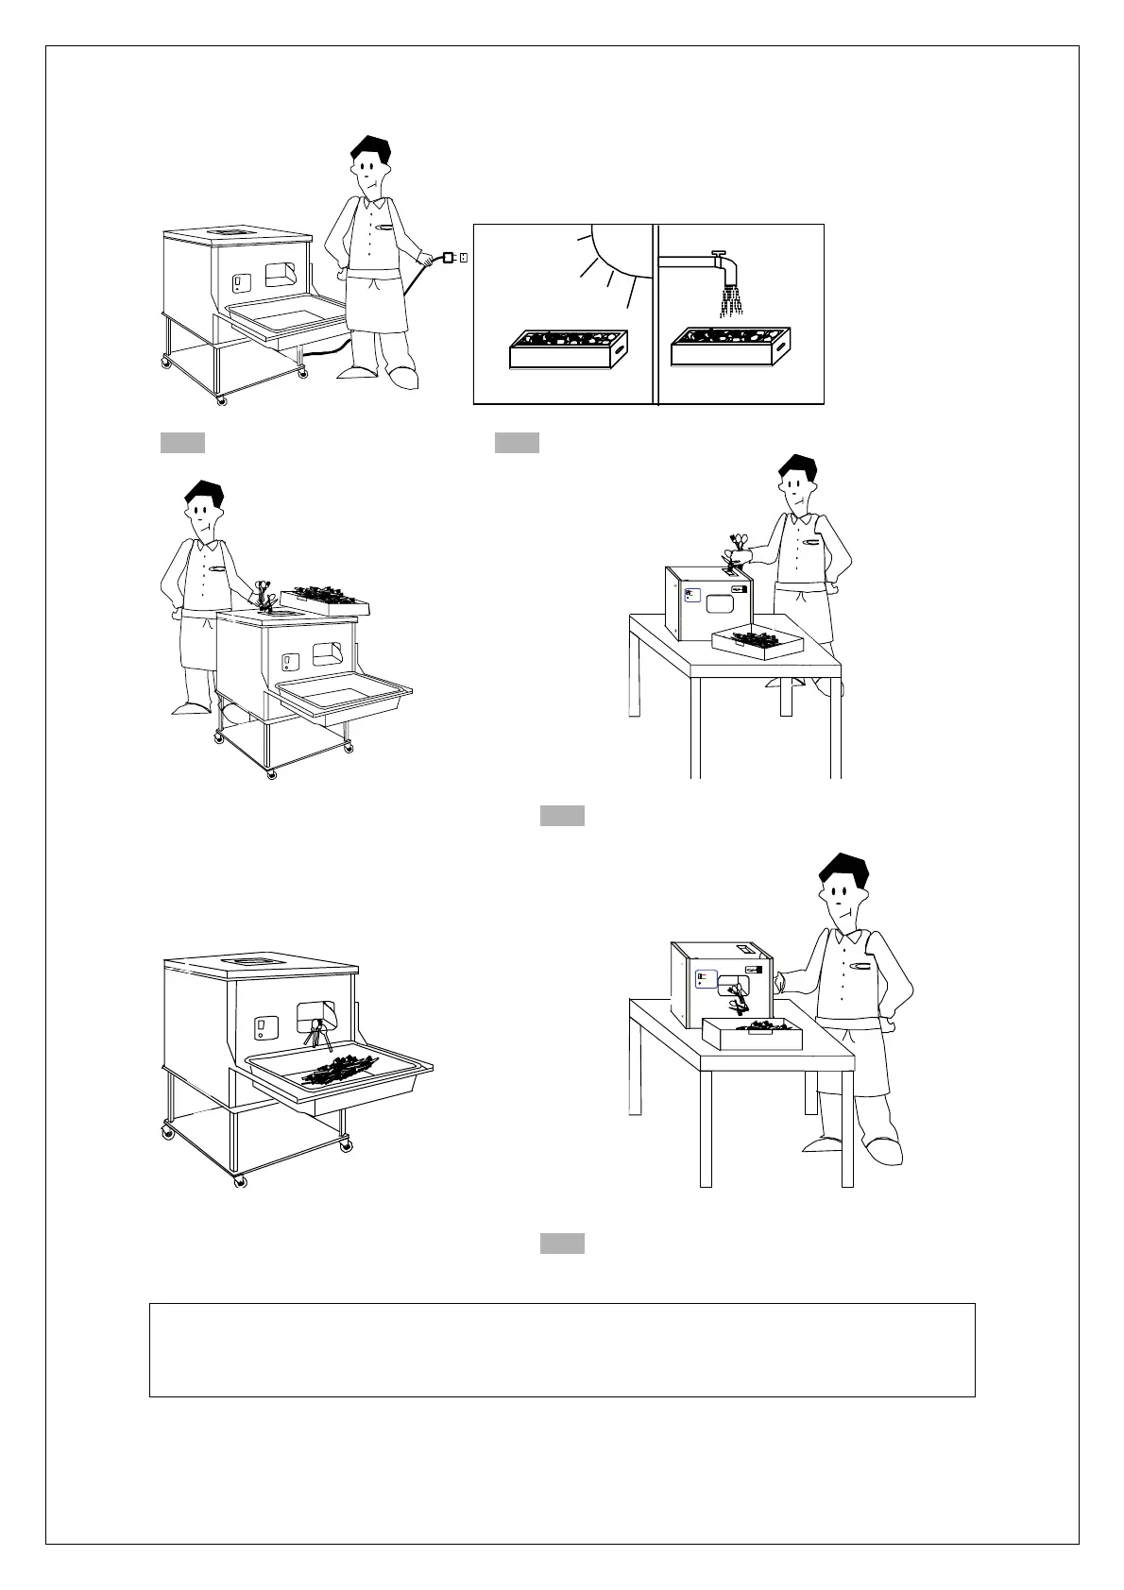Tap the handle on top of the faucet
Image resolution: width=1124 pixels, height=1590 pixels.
click(x=719, y=253)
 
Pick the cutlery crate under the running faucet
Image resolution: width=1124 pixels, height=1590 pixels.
click(x=728, y=348)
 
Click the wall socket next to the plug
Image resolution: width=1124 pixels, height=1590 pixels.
click(x=464, y=257)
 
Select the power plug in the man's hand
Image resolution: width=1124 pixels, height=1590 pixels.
click(x=449, y=257)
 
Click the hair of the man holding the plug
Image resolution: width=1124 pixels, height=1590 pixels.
click(x=370, y=151)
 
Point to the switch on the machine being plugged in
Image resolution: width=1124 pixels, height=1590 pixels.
click(x=239, y=281)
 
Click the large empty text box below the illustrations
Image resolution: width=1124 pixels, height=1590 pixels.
click(x=562, y=1349)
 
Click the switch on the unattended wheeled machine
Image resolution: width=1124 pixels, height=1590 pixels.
click(x=264, y=1026)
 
